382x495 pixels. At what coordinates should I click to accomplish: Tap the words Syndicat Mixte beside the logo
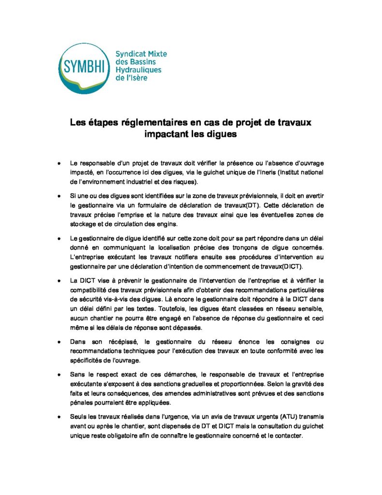[x=141, y=54]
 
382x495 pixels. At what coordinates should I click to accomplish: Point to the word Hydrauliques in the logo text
[x=139, y=70]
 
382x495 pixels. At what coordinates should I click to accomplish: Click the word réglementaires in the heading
[x=155, y=123]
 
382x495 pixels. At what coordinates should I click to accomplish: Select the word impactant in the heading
[x=167, y=134]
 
